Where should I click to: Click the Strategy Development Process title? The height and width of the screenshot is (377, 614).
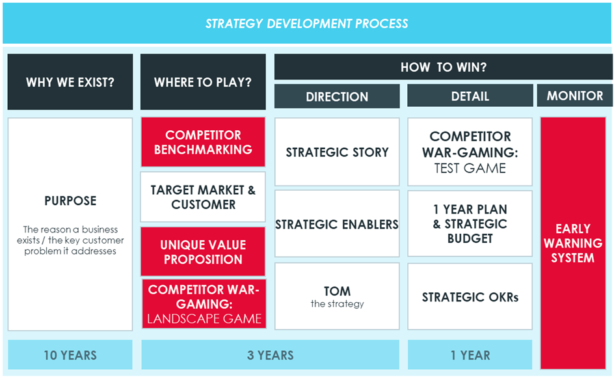pyautogui.click(x=306, y=23)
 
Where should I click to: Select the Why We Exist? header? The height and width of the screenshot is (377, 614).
pyautogui.click(x=70, y=82)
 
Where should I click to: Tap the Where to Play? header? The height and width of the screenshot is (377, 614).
pyautogui.click(x=203, y=82)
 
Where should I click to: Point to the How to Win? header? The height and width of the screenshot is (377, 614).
pyautogui.click(x=444, y=67)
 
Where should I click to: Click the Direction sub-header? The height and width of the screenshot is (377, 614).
pyautogui.click(x=337, y=96)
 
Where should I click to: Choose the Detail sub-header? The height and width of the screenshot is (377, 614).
pyautogui.click(x=470, y=96)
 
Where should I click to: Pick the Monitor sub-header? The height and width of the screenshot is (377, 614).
pyautogui.click(x=575, y=96)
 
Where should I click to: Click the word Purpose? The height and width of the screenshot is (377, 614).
pyautogui.click(x=70, y=201)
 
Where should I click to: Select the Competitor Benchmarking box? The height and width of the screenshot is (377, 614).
pyautogui.click(x=203, y=142)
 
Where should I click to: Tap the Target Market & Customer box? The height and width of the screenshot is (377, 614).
pyautogui.click(x=203, y=197)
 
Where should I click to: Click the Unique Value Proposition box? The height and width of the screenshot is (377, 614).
pyautogui.click(x=203, y=251)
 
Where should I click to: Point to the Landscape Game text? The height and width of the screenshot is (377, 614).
pyautogui.click(x=204, y=318)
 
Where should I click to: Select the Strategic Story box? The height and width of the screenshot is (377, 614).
pyautogui.click(x=337, y=152)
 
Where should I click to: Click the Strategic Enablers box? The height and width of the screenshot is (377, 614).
pyautogui.click(x=337, y=224)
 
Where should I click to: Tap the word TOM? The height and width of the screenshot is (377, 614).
pyautogui.click(x=337, y=291)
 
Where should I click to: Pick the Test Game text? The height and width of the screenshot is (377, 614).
pyautogui.click(x=470, y=168)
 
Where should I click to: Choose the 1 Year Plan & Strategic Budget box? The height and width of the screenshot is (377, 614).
pyautogui.click(x=470, y=223)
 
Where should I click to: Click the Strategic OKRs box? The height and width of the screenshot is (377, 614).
pyautogui.click(x=470, y=297)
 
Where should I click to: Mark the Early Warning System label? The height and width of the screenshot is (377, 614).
pyautogui.click(x=573, y=243)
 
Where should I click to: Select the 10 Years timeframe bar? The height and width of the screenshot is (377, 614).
pyautogui.click(x=70, y=355)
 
